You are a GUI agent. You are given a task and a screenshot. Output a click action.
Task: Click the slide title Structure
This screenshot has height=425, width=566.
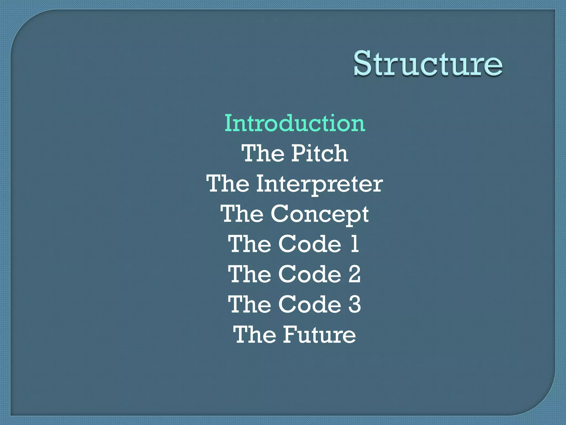428,64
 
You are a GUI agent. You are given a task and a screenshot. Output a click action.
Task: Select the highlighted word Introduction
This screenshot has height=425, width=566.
295,123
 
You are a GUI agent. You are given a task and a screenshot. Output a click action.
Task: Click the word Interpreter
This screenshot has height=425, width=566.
319,184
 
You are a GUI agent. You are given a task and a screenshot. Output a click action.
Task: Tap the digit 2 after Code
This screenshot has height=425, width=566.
354,274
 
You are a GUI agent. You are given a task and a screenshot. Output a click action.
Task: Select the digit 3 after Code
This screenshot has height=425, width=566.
355,304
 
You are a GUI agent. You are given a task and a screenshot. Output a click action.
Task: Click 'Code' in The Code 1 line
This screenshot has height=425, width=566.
310,244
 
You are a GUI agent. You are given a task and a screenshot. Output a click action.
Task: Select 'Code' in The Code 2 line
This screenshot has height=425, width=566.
310,274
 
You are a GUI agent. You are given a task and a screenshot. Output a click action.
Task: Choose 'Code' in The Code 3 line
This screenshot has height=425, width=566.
310,304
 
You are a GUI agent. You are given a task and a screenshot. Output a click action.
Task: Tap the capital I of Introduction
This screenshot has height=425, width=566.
228,123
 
